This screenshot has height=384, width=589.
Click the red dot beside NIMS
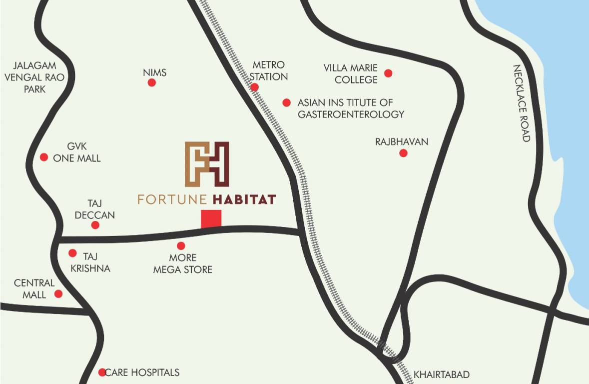[x=152, y=82]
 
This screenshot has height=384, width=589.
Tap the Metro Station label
[x=269, y=70]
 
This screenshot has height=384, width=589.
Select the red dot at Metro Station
[x=255, y=87]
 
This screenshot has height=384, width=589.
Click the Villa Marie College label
[x=350, y=73]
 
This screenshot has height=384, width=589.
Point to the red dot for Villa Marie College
[x=388, y=73]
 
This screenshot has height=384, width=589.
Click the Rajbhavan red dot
[x=403, y=153]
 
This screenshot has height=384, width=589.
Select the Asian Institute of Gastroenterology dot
[x=286, y=102]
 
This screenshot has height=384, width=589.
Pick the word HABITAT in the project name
[x=244, y=199]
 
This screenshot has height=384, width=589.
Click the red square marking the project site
[x=211, y=219]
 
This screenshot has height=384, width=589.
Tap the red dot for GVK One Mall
[x=44, y=157]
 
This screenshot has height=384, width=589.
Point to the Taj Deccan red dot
[x=95, y=225]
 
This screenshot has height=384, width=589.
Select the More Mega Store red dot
[x=181, y=246]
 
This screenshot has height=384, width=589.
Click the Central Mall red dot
[x=58, y=293]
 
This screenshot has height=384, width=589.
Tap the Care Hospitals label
[x=142, y=372]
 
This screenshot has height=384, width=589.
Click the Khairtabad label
[x=442, y=374]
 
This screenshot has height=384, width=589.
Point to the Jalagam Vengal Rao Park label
[x=34, y=77]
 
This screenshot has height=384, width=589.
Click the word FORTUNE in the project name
[x=172, y=199]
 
